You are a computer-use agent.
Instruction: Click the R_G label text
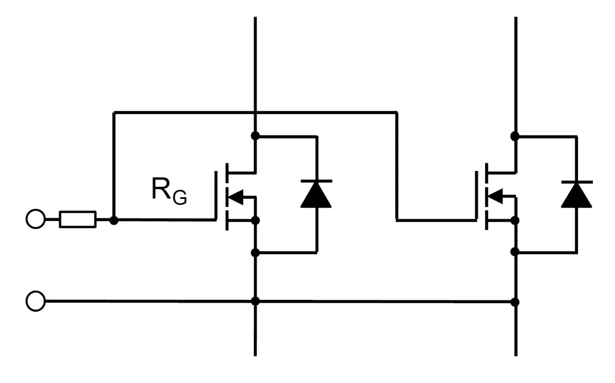[x=169, y=190]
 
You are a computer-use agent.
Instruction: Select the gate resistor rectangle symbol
[x=78, y=219]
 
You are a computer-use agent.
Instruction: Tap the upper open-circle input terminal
[x=35, y=219]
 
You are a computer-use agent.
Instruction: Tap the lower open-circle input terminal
[x=35, y=301]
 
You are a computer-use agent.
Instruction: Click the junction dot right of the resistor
[x=114, y=219]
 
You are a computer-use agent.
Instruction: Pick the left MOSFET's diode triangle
[x=317, y=195]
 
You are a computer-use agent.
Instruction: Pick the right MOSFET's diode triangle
[x=576, y=195]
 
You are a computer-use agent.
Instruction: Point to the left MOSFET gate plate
[x=217, y=194]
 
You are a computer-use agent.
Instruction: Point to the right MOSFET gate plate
[x=477, y=194]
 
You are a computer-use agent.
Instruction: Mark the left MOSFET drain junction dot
[x=255, y=136]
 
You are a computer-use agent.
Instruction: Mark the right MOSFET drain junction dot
[x=515, y=136]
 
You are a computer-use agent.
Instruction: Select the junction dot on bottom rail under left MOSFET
[x=255, y=301]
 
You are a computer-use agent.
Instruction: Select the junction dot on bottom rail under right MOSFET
[x=515, y=301]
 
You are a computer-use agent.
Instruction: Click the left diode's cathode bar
[x=317, y=181]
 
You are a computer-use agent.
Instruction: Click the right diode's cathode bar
[x=576, y=181]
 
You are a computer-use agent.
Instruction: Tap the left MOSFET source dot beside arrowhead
[x=255, y=220]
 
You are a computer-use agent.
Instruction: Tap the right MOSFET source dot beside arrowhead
[x=515, y=220]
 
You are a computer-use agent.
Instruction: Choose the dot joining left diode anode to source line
[x=255, y=252]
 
